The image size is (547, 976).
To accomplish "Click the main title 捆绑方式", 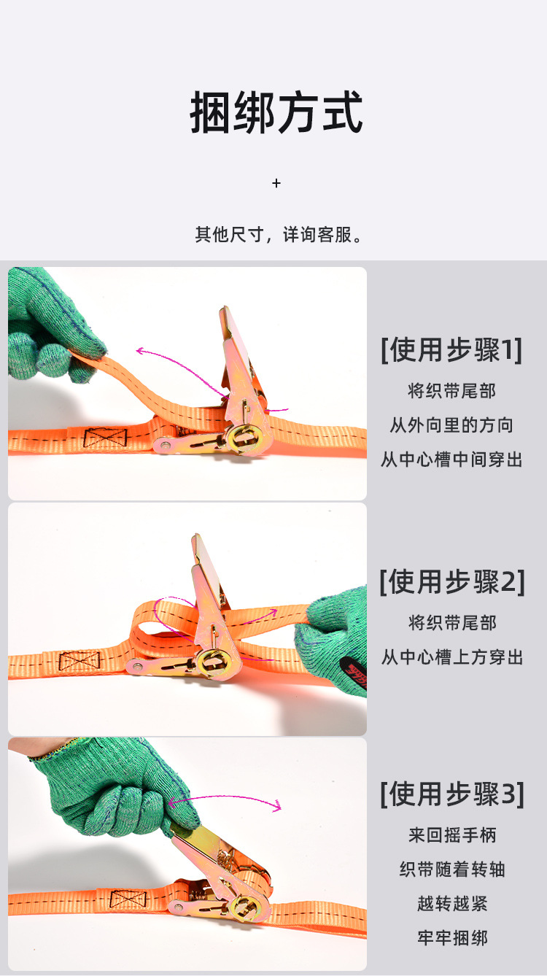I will (276, 113).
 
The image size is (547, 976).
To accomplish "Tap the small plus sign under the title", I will (276, 183).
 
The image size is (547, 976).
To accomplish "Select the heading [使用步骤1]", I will (451, 350).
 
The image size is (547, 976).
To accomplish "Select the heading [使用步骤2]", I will (451, 582).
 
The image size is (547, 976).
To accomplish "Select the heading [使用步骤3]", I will (451, 794).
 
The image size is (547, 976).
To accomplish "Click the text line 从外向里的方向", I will (451, 425).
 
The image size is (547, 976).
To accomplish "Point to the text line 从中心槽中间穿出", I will (451, 460).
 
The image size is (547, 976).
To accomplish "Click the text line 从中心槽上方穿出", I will (451, 657).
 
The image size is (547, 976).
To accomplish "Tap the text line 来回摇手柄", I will (451, 834).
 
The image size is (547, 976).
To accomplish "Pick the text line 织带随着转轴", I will (451, 870).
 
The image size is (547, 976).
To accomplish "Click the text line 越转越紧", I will (451, 904).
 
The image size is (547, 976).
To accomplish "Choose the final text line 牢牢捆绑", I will (451, 938).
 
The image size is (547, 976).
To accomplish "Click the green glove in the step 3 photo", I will (117, 784).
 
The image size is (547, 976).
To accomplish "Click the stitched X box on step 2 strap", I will (79, 662).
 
